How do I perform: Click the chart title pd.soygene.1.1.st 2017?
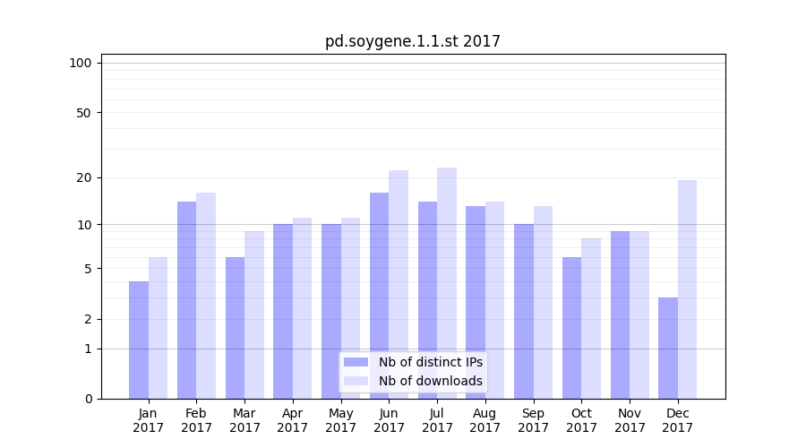(412, 41)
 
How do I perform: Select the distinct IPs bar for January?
(139, 340)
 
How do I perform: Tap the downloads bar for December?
(687, 289)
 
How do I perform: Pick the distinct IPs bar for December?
(668, 348)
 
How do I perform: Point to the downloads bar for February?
(206, 296)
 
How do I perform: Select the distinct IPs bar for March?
(235, 328)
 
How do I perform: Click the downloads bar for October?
(591, 318)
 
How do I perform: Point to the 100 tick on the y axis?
(81, 63)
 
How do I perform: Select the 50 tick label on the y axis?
(83, 113)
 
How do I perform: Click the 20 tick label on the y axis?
(83, 177)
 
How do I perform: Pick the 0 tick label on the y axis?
(88, 399)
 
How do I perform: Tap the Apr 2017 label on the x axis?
(293, 420)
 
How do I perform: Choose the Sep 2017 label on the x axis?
(533, 420)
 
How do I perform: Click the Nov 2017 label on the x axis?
(630, 420)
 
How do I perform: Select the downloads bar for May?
(350, 308)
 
